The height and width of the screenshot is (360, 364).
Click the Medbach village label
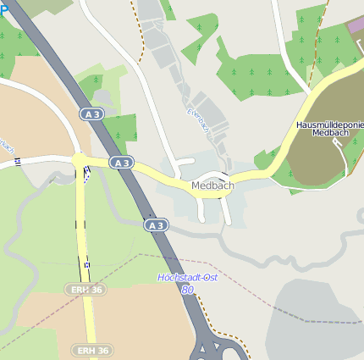(x=212, y=186)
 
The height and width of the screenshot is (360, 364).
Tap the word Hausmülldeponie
(x=329, y=125)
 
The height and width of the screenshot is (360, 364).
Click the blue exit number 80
(x=186, y=290)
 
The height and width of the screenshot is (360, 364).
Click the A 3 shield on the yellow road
(x=121, y=162)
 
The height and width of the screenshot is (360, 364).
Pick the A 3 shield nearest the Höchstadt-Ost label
(x=155, y=225)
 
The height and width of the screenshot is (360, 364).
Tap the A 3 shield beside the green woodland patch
(x=91, y=113)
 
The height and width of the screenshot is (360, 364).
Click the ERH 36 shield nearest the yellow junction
(x=78, y=290)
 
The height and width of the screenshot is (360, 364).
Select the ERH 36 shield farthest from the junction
(x=92, y=350)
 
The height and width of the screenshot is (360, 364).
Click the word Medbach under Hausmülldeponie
(x=329, y=133)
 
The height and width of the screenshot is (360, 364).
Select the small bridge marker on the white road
(x=18, y=161)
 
